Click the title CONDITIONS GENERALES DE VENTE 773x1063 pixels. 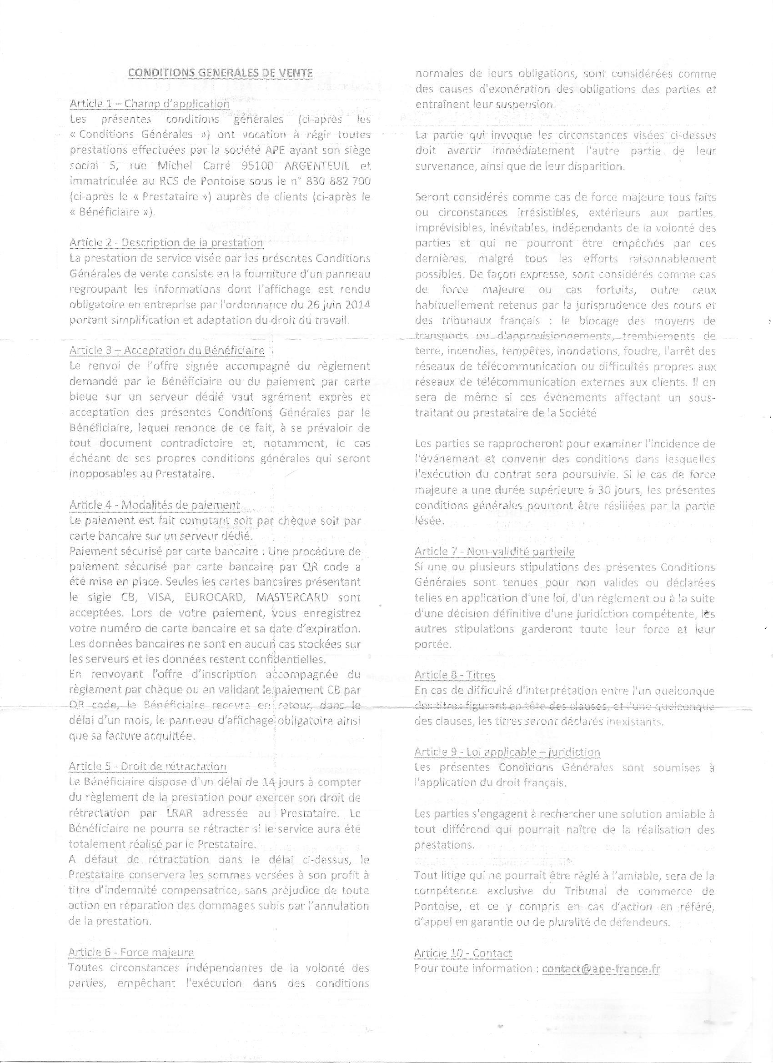pos(220,73)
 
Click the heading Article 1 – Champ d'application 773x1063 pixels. pos(150,104)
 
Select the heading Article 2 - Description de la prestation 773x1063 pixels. pos(166,242)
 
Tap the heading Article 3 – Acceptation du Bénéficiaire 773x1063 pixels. pos(167,350)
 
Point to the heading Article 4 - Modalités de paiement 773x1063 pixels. pos(154,505)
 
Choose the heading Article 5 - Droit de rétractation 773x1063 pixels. pos(147,766)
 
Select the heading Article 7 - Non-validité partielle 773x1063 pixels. pos(494,551)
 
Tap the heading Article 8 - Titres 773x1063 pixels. pos(455,674)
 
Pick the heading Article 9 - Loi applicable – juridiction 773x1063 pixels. pos(507,752)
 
